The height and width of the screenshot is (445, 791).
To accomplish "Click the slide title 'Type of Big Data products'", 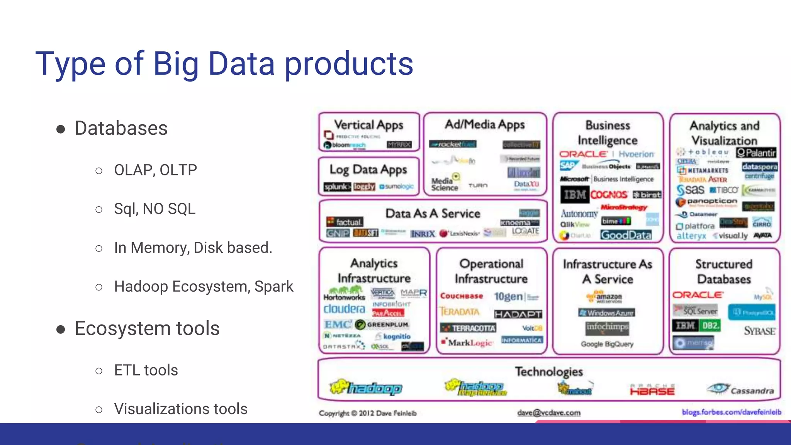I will click(224, 64).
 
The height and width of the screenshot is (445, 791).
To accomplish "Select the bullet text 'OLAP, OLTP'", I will click(155, 170).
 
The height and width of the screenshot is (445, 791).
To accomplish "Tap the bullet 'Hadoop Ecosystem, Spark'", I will click(204, 287).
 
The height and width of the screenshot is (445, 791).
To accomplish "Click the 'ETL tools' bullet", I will click(146, 370).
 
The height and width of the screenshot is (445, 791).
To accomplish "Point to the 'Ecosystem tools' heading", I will click(147, 328).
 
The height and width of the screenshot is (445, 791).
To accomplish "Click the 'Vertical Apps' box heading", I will click(368, 125).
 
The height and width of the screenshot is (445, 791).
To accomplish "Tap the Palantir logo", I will click(756, 153).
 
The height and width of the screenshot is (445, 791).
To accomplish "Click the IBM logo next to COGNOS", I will click(574, 194).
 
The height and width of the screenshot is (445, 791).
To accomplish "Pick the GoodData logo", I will click(626, 235).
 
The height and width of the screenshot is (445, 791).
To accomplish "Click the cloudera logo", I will click(344, 309).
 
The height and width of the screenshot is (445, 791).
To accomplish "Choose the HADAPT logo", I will click(518, 314).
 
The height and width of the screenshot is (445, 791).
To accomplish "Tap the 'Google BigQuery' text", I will click(607, 344).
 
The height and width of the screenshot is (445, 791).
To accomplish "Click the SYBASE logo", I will click(759, 331).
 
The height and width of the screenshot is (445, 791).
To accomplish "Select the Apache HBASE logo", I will click(652, 390).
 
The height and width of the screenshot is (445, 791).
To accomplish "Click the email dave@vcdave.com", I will click(549, 413).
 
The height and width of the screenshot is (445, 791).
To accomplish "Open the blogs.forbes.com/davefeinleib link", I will click(731, 412).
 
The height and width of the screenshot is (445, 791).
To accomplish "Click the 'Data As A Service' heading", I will click(433, 213).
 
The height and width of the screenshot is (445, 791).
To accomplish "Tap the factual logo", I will click(345, 222).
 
